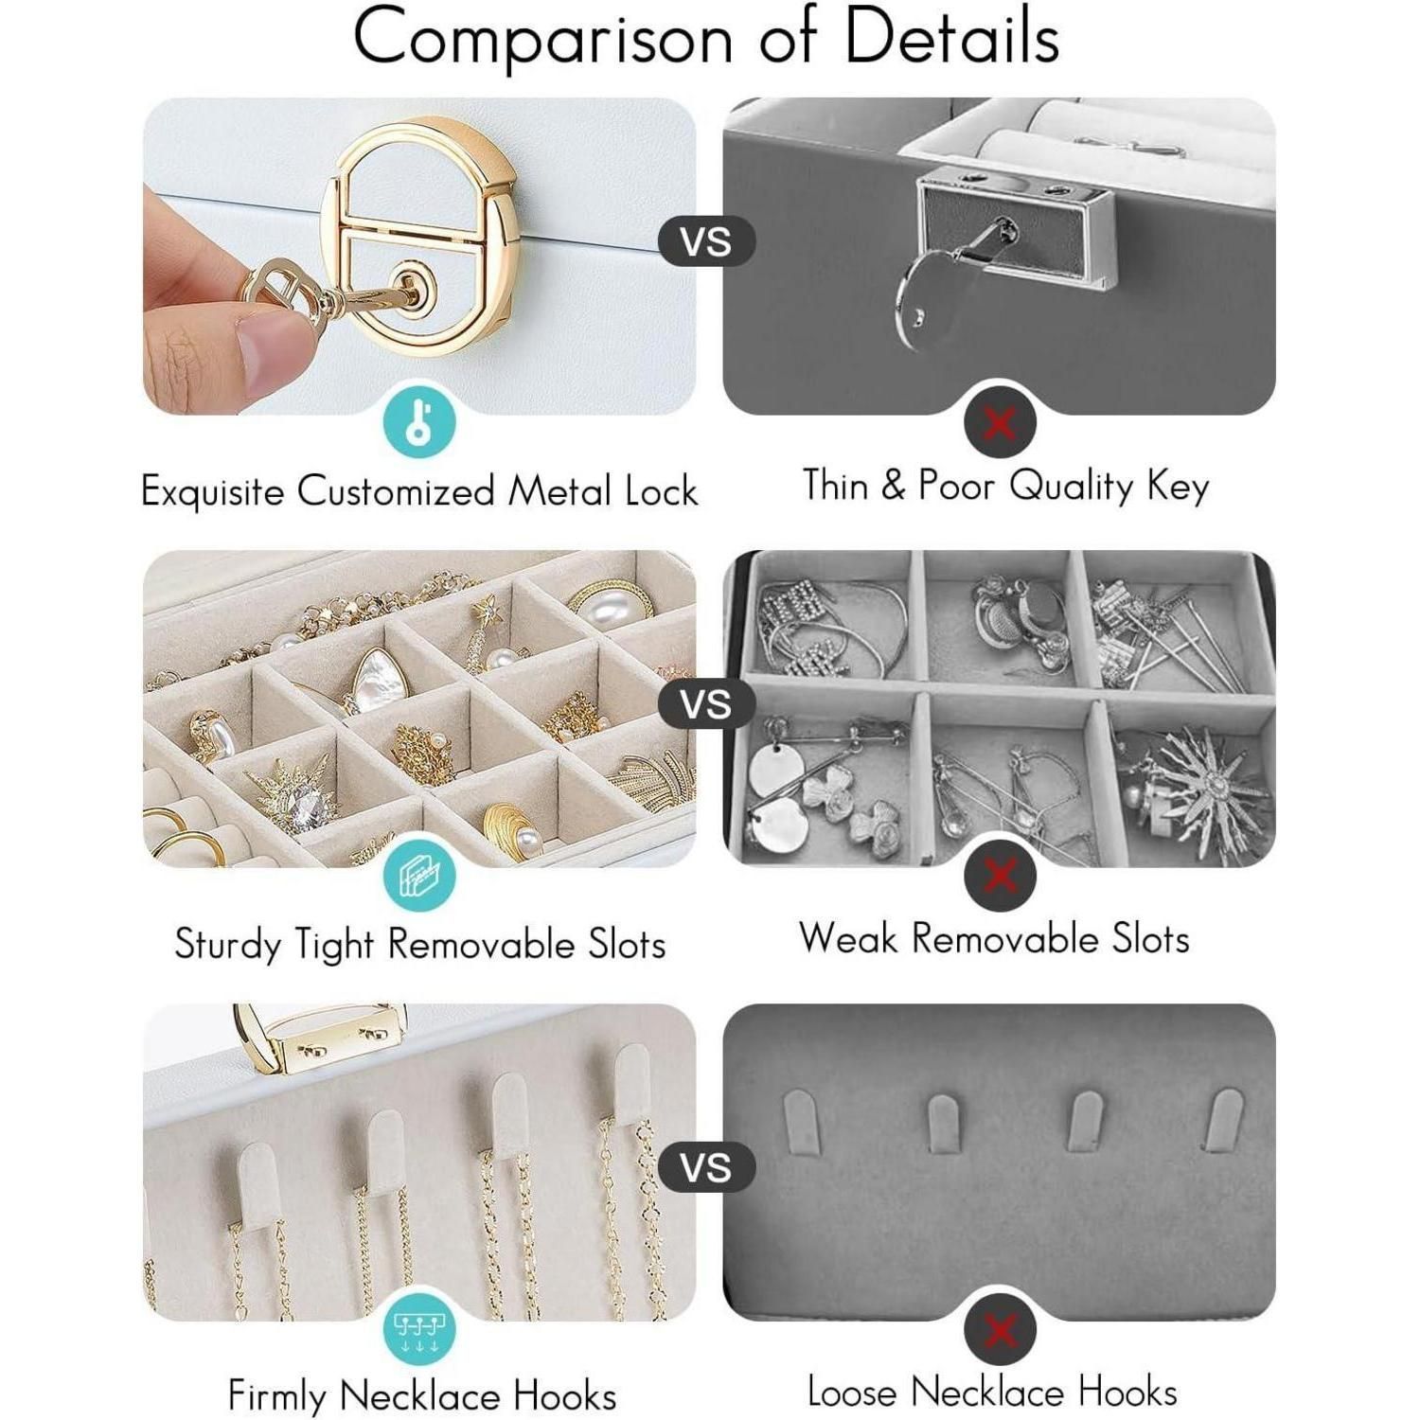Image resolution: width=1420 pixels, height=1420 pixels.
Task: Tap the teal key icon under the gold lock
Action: [x=419, y=422]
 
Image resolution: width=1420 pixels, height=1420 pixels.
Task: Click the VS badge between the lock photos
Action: [x=706, y=241]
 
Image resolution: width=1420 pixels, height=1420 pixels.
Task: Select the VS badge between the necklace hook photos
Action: [x=706, y=1167]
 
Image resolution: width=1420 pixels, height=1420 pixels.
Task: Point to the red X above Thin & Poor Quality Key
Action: [x=1000, y=422]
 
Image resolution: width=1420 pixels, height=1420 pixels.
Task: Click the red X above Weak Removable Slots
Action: [x=1000, y=876]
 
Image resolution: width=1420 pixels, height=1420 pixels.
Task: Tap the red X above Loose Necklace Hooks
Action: [x=1000, y=1329]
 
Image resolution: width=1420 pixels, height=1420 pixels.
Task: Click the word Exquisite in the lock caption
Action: [x=213, y=491]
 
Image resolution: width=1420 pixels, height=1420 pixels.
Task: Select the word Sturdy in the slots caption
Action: [x=227, y=945]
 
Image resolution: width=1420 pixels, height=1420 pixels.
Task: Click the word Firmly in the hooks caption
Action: [x=277, y=1397]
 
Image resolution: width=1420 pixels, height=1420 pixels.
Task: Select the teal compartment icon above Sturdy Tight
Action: [x=419, y=876]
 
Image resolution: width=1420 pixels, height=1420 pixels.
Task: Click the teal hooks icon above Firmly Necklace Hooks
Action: [x=419, y=1329]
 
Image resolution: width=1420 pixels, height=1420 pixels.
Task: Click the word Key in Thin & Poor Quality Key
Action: [x=1178, y=487]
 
